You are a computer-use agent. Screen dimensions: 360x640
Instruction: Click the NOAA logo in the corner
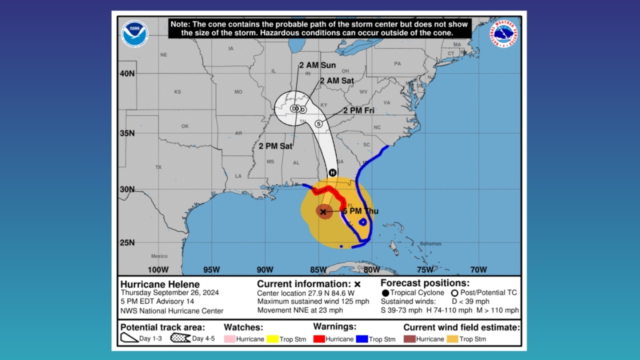pos(134,33)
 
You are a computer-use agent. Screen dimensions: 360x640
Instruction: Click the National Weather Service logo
pos(503,33)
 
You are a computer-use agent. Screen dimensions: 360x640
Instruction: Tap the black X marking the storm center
pos(323,212)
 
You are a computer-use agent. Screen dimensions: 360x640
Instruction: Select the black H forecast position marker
pos(332,172)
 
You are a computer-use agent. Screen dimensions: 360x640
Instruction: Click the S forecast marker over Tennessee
pos(318,123)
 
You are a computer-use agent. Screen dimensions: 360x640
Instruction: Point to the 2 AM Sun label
pos(317,65)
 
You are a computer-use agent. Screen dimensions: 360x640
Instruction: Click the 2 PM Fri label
pos(358,110)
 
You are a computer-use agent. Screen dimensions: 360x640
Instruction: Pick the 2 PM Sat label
pos(275,146)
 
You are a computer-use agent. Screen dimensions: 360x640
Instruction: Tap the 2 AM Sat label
pos(337,80)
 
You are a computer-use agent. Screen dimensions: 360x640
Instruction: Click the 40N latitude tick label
pos(127,73)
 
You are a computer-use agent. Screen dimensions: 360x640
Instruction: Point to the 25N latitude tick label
pos(127,243)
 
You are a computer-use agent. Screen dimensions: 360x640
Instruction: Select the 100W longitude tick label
pos(158,270)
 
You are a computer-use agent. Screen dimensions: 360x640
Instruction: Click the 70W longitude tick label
pos(478,270)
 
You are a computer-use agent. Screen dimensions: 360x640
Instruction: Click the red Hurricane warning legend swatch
pos(318,339)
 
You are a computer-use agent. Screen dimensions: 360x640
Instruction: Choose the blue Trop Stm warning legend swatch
pos(362,339)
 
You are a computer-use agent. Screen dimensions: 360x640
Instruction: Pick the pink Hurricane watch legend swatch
pos(229,339)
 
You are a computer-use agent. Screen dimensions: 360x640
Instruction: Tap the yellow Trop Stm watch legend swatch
pos(272,339)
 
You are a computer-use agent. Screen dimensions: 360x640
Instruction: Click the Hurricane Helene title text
pos(160,284)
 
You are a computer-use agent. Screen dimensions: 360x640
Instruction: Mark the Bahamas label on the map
pos(430,243)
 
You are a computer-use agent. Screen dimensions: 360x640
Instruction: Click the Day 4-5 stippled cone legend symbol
pos(180,338)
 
